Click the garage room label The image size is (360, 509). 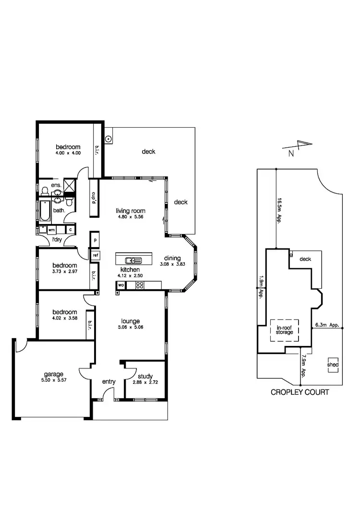(54, 374)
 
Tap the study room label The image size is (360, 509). (144, 377)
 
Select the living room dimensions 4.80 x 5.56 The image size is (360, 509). (130, 217)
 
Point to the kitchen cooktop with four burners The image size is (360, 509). (140, 285)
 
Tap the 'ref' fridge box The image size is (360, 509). (96, 255)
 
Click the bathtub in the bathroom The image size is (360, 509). (43, 212)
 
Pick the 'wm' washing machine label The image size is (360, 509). (51, 230)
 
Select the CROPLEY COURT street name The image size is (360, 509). (300, 392)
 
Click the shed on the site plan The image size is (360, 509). (333, 365)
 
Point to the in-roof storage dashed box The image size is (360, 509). (284, 330)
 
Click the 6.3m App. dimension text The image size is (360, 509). (327, 325)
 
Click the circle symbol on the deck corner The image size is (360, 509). (109, 140)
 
